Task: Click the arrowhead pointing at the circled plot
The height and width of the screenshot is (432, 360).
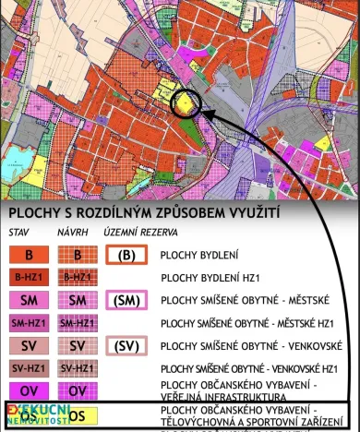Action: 204,114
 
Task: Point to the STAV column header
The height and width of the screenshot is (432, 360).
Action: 20,233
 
